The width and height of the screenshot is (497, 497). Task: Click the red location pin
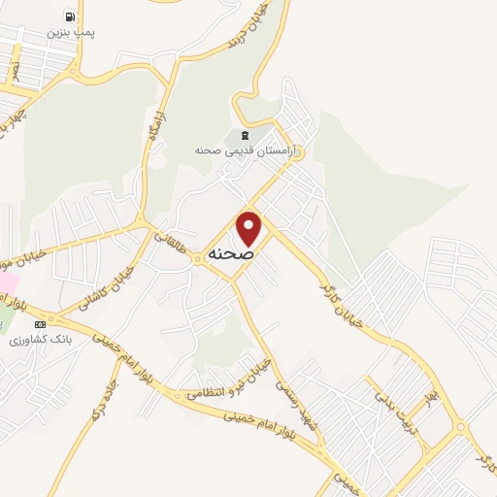coord(249,227)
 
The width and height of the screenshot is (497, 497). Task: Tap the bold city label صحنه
coord(230,253)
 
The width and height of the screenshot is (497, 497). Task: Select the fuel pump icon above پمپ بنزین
coord(70,17)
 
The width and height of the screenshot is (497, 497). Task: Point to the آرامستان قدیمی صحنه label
coord(248,150)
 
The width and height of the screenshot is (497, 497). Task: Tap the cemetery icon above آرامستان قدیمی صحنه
coord(243,133)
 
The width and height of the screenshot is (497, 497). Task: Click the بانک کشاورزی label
coord(35,340)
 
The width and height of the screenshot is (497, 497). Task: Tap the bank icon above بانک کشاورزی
coord(40,324)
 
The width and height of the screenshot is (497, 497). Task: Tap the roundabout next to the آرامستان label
coord(291,152)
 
